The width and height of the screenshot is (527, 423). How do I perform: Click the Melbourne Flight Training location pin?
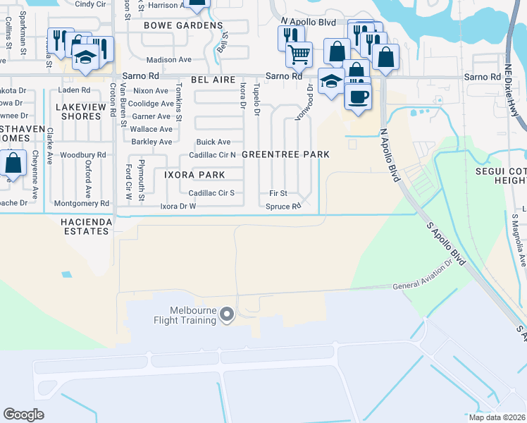(x=227, y=314)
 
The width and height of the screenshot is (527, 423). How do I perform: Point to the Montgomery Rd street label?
(x=82, y=204)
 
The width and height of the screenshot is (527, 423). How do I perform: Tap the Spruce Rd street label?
(x=283, y=207)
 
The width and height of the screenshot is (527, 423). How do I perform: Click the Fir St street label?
(x=278, y=192)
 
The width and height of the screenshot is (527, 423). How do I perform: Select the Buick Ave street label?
(x=213, y=142)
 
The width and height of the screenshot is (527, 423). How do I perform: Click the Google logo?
(x=24, y=414)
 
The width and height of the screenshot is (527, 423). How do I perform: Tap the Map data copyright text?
(x=497, y=417)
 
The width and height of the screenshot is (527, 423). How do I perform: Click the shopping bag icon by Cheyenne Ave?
(x=13, y=163)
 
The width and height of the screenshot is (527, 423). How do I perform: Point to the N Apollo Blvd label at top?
(x=308, y=23)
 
